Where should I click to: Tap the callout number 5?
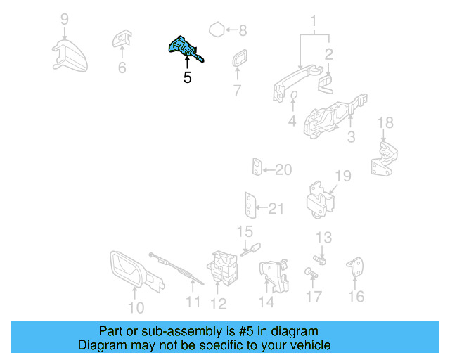click(x=187, y=78)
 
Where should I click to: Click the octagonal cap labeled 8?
click(x=217, y=30)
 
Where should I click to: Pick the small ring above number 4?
click(x=294, y=96)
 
